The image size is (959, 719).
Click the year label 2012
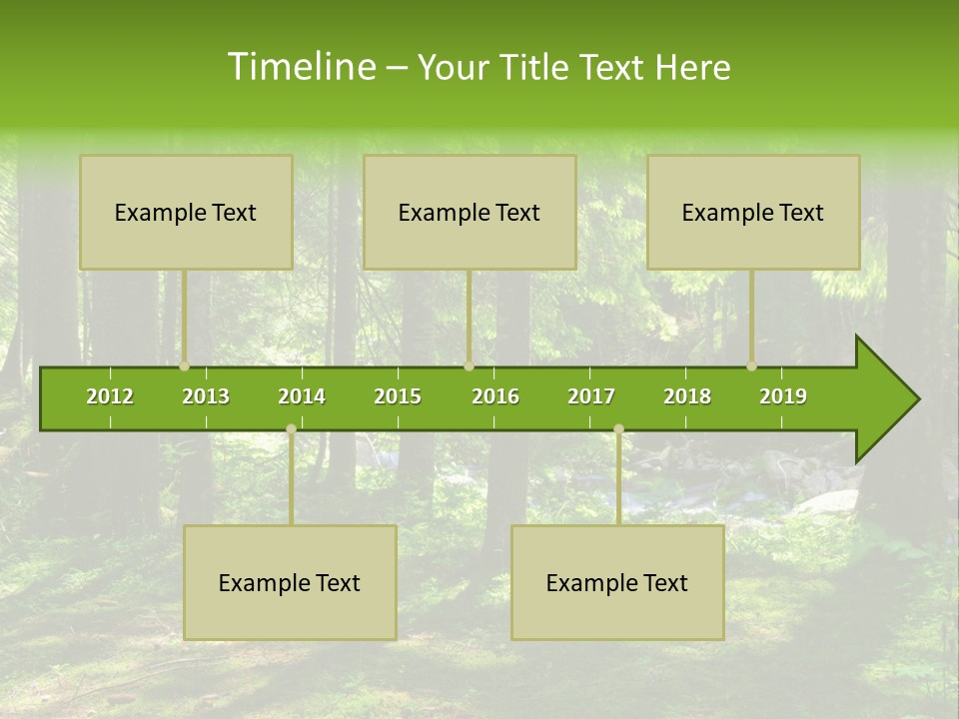(x=110, y=396)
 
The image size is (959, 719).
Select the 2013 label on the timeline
(x=206, y=396)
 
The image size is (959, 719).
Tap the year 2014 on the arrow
(x=302, y=396)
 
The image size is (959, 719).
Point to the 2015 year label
(x=398, y=396)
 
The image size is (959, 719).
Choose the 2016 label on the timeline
(x=495, y=396)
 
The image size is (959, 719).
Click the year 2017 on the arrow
(x=591, y=396)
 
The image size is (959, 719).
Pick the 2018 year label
(x=687, y=396)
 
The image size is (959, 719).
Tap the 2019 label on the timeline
(x=783, y=396)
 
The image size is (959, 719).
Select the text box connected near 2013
(x=186, y=213)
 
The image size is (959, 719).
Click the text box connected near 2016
(x=470, y=213)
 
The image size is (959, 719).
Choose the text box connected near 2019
(x=753, y=213)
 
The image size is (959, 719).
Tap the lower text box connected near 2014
(x=290, y=583)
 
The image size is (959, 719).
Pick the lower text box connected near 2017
(x=617, y=583)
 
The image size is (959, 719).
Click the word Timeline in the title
(x=300, y=67)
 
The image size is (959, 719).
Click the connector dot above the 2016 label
(x=469, y=366)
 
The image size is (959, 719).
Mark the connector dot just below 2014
(x=291, y=429)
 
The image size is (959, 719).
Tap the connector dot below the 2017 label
(x=618, y=429)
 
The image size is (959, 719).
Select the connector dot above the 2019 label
(x=752, y=366)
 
